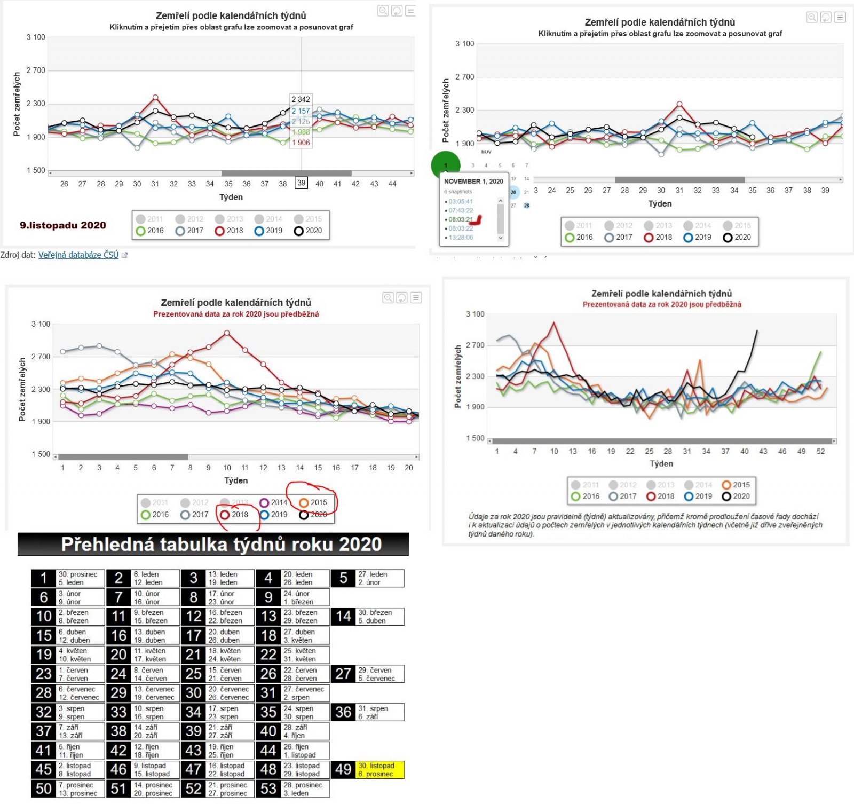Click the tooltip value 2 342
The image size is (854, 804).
click(x=301, y=99)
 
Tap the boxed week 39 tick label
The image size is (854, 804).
click(x=302, y=183)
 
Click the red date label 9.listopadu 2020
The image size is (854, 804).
click(x=63, y=225)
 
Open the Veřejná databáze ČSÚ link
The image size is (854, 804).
click(x=78, y=255)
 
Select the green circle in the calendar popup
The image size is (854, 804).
click(x=445, y=165)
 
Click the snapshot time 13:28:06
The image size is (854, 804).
click(x=461, y=238)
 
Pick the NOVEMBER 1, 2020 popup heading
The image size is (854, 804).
click(x=473, y=182)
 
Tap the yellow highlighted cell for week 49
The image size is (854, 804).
click(x=379, y=770)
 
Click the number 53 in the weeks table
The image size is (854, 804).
click(x=268, y=789)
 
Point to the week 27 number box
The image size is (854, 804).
click(x=343, y=674)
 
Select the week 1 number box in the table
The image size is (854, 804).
click(x=44, y=578)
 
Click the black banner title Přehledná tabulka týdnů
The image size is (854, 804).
click(x=221, y=545)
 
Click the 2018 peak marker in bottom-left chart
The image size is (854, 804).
click(x=227, y=333)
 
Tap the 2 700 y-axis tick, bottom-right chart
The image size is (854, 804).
click(x=475, y=345)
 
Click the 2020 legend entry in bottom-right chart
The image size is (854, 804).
click(x=736, y=496)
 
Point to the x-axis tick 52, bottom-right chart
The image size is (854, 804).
click(x=820, y=452)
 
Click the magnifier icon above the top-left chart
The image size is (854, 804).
click(x=383, y=11)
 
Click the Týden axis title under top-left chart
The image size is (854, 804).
click(x=231, y=198)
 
